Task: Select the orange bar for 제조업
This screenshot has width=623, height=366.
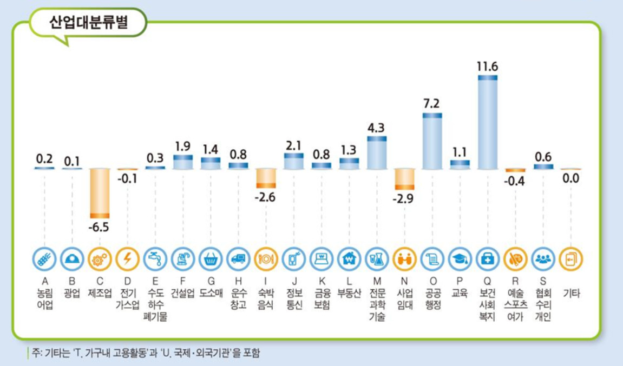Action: click(x=100, y=194)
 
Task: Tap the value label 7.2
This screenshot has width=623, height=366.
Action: click(x=431, y=104)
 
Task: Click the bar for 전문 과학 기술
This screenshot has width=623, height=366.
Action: click(x=377, y=153)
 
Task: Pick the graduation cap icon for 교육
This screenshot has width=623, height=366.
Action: click(x=460, y=259)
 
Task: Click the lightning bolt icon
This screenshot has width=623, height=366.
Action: click(x=128, y=259)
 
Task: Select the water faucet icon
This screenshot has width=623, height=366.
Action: click(x=155, y=259)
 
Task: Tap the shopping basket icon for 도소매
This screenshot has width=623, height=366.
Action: click(x=211, y=259)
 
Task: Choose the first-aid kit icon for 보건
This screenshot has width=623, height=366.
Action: click(x=487, y=259)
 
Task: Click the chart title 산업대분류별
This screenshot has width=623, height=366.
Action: click(x=89, y=22)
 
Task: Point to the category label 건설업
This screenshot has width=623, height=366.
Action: click(x=183, y=294)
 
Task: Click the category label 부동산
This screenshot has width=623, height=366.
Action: click(x=349, y=294)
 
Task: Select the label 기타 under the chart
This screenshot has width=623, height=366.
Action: click(x=572, y=294)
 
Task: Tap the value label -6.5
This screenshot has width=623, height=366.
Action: click(x=99, y=228)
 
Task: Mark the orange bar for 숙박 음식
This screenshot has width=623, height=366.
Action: click(x=266, y=178)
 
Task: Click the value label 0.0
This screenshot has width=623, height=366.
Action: click(x=570, y=178)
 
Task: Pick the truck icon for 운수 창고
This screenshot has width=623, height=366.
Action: click(x=238, y=259)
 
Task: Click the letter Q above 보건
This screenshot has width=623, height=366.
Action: click(x=487, y=282)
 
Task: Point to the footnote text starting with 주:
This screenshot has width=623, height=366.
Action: click(x=146, y=352)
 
